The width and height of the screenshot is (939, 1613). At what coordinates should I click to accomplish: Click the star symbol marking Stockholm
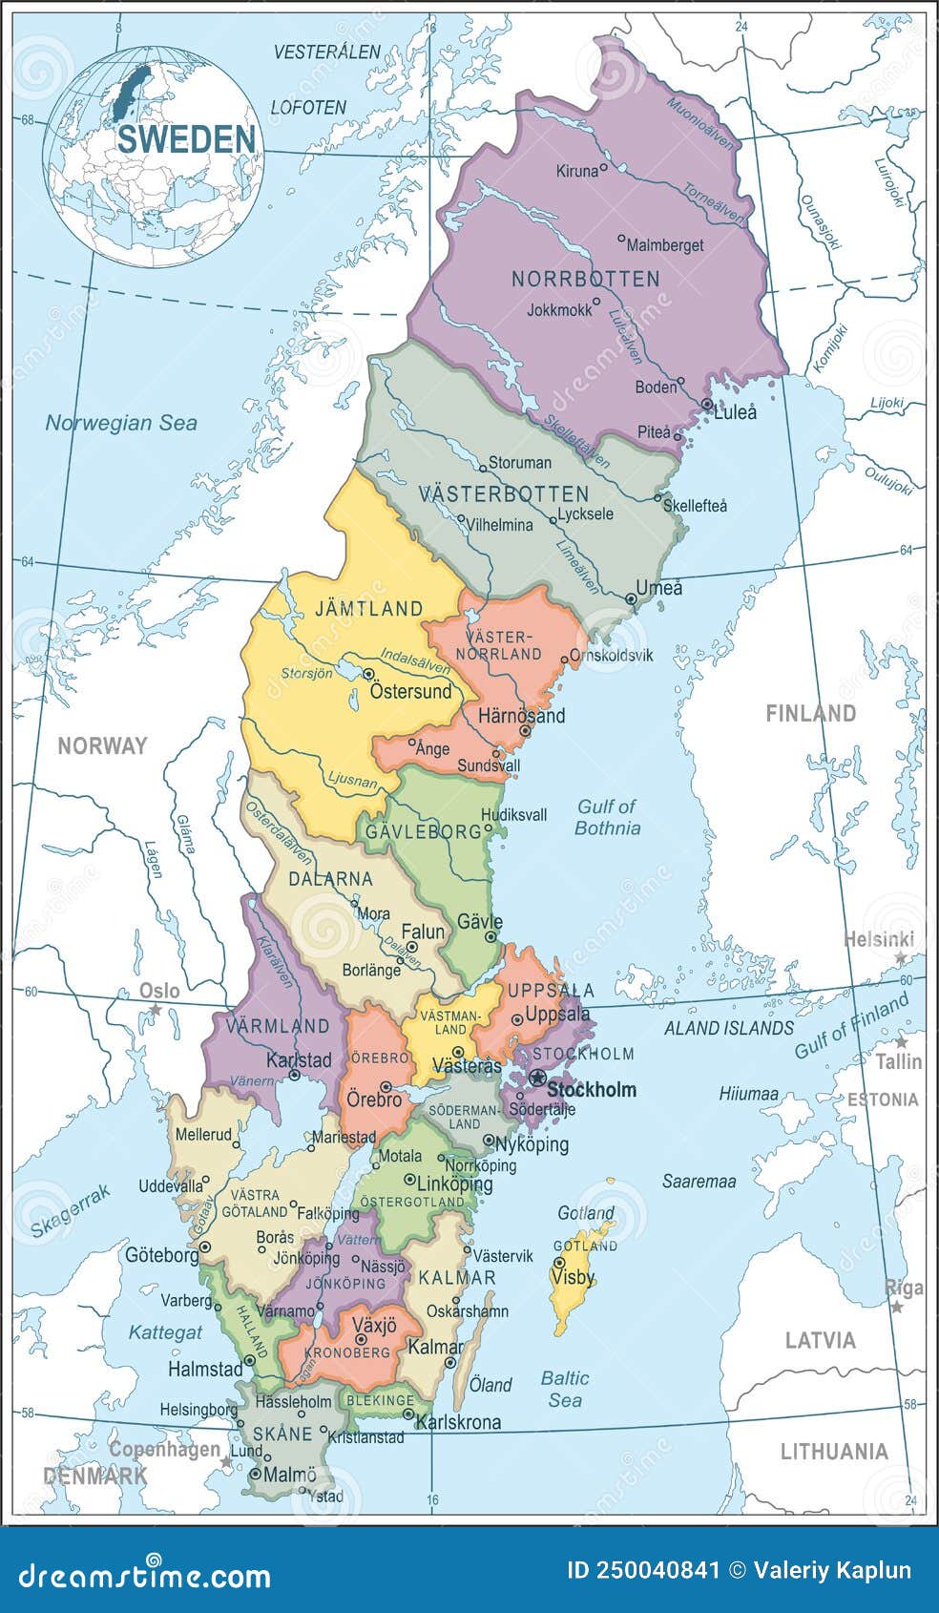[537, 1079]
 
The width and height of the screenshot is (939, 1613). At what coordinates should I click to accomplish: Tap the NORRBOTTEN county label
[585, 279]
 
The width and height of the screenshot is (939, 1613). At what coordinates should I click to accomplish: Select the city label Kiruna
[576, 172]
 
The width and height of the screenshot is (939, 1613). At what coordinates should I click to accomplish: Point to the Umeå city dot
[631, 599]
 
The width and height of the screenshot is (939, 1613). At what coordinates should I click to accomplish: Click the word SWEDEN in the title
[187, 139]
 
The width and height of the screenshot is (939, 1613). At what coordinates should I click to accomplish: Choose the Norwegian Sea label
[121, 423]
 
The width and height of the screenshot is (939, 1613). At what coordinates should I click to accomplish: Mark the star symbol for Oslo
[154, 1009]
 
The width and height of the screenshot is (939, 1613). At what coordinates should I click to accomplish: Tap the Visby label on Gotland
[573, 1277]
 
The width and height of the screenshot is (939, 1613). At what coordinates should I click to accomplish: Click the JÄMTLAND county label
[369, 608]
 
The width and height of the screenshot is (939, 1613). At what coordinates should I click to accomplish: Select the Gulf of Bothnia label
[607, 818]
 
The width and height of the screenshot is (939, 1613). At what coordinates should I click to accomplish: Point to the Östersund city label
[411, 691]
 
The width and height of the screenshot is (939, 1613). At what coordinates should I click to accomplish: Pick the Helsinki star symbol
[900, 956]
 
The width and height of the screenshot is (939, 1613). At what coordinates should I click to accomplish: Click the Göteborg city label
[161, 1255]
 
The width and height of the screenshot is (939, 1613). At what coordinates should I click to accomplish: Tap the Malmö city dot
[255, 1474]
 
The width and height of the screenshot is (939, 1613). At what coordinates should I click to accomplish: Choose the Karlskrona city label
[459, 1422]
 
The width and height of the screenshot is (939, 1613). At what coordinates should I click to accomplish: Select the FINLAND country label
[810, 713]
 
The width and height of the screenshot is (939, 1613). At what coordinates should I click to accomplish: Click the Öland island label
[491, 1384]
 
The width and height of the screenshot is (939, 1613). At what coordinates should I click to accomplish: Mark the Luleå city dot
[706, 405]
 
